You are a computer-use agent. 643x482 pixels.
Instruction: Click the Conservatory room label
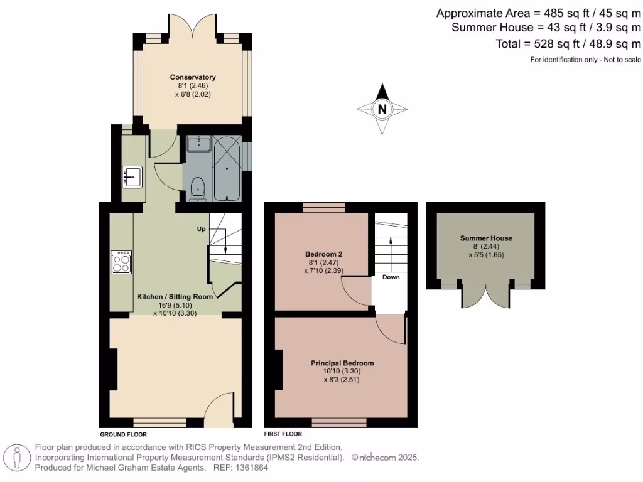(x=193, y=77)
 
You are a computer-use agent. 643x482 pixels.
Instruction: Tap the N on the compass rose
(x=382, y=109)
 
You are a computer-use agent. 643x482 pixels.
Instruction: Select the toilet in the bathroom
(x=198, y=188)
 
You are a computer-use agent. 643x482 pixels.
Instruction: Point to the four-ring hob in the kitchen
(x=121, y=262)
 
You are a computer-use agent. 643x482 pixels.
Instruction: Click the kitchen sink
(x=133, y=177)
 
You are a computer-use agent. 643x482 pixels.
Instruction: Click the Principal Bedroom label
(x=342, y=363)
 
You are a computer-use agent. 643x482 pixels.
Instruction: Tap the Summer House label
(x=485, y=238)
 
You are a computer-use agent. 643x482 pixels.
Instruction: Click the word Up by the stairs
(x=202, y=229)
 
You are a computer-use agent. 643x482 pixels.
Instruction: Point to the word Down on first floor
(x=391, y=277)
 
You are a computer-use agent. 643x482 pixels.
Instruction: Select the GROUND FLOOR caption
(x=123, y=434)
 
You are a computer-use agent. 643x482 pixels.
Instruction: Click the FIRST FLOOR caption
(x=283, y=434)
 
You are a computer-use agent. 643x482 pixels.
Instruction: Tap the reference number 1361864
(x=250, y=468)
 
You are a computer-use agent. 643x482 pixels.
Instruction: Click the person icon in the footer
(x=18, y=458)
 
